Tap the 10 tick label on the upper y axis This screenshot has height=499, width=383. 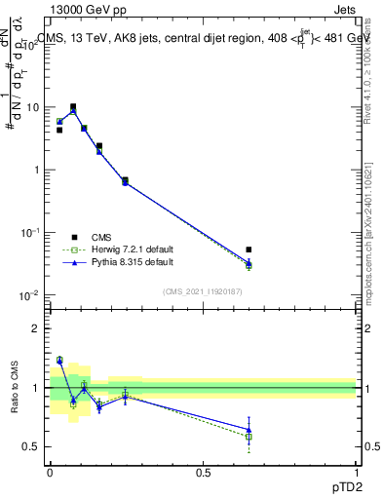[x=33, y=107]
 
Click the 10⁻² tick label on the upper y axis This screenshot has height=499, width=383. [x=31, y=294]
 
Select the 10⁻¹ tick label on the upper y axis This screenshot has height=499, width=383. [x=31, y=232]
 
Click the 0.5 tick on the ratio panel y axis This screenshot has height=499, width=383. [x=33, y=446]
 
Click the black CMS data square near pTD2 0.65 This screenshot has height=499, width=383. [x=249, y=249]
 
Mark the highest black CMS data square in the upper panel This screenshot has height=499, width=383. [x=73, y=107]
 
